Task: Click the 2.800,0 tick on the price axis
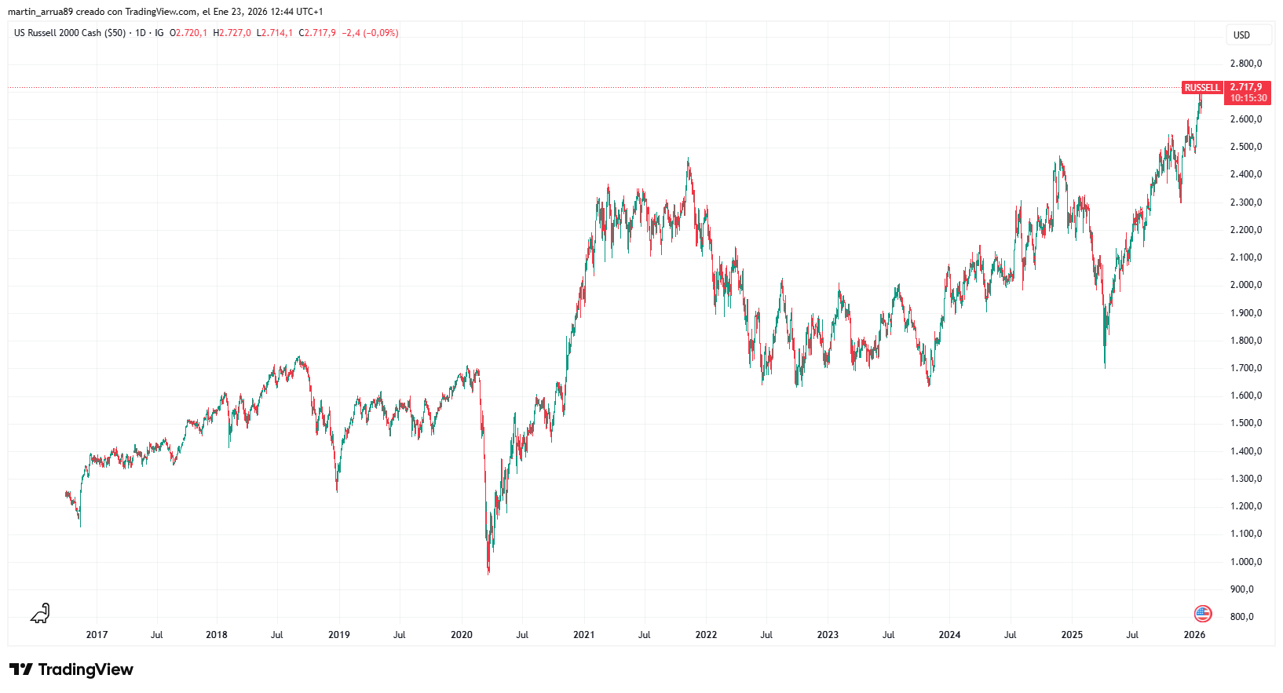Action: pos(1245,64)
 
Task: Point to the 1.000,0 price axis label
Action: pos(1245,562)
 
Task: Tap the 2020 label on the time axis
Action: pos(462,635)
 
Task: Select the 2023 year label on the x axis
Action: pos(828,635)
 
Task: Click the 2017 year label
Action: pos(97,635)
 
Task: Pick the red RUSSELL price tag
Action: pos(1202,88)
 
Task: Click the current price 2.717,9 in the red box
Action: pos(1246,87)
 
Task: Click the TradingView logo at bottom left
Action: pos(71,669)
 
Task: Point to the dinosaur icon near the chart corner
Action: pos(40,613)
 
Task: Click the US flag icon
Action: pos(1202,614)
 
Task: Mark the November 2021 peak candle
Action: pos(688,162)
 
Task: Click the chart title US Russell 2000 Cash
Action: pos(69,33)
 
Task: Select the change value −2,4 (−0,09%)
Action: pos(370,33)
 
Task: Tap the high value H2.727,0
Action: pos(232,33)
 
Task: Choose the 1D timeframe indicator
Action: pos(141,33)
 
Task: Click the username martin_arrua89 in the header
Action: pos(40,12)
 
